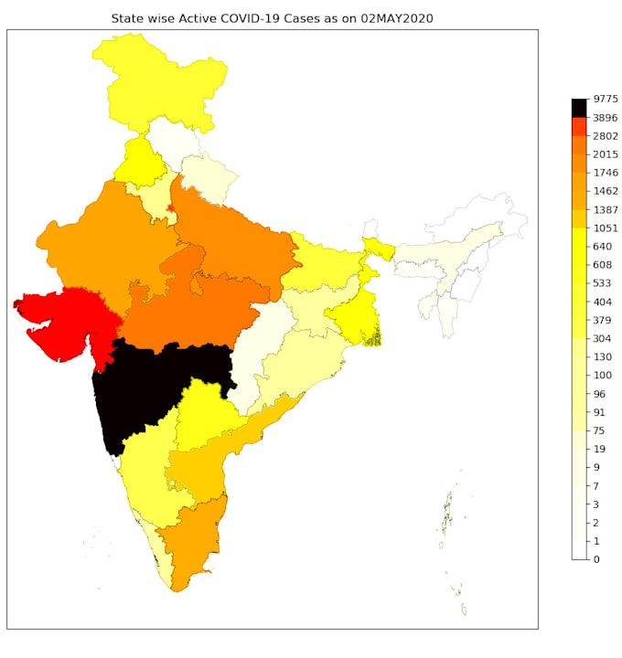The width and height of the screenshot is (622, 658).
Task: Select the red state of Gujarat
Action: point(69,320)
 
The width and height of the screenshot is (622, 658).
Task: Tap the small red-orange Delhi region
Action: point(170,209)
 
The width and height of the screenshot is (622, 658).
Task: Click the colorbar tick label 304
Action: point(602,338)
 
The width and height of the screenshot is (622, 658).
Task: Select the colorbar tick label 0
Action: point(596,559)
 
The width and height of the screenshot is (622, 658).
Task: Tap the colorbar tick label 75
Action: point(599,430)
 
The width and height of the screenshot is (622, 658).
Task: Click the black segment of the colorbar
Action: point(580,108)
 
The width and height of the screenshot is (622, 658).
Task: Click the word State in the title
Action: point(127,18)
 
